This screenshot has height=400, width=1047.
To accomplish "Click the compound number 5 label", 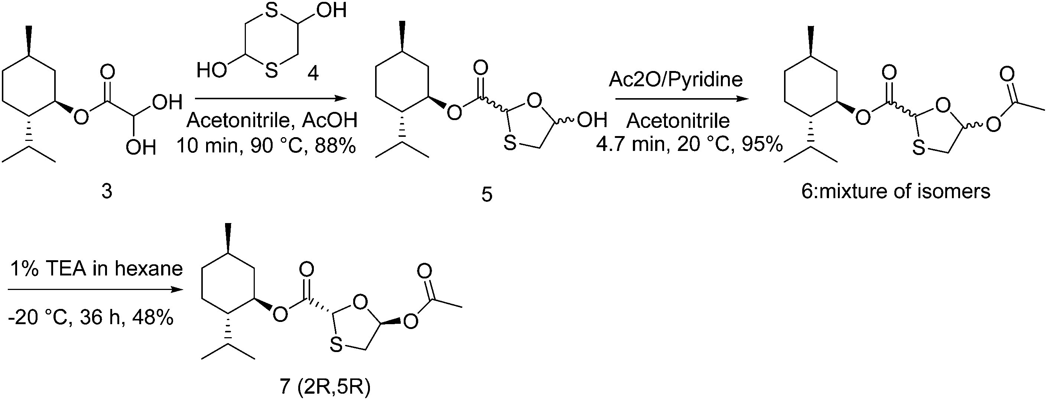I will click(x=487, y=194).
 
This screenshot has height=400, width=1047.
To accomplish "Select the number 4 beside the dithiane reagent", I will click(x=313, y=73).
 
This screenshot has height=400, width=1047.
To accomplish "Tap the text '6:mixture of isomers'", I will click(x=896, y=191).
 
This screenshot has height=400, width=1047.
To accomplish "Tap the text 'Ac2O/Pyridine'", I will click(x=676, y=79).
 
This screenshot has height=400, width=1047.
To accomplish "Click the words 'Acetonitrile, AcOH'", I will click(x=272, y=120).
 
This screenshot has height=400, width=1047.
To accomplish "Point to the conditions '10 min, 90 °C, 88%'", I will click(x=266, y=145).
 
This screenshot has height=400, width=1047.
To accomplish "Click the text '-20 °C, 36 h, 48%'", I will click(x=91, y=317).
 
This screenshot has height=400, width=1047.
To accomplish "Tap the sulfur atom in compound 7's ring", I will click(x=336, y=346).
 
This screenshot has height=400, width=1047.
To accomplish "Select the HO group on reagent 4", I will click(x=211, y=70).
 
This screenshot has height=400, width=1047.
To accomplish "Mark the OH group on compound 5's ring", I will click(x=592, y=120).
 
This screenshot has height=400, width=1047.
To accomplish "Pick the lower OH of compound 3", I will click(x=141, y=147).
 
